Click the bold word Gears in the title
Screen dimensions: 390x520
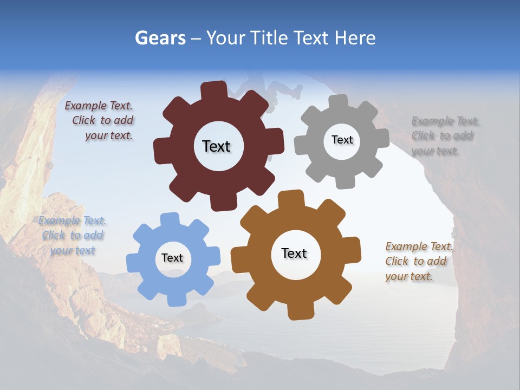coord(160,38)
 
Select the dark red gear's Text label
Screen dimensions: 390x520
coord(216,146)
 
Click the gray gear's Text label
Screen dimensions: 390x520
coord(342,140)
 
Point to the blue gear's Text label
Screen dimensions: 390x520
coord(172,258)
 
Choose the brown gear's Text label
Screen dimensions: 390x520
coord(294,253)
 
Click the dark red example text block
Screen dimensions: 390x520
coord(100,121)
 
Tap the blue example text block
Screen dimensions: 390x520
coord(72,235)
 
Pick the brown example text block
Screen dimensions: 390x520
coord(419,261)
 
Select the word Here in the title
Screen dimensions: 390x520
coord(355,38)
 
